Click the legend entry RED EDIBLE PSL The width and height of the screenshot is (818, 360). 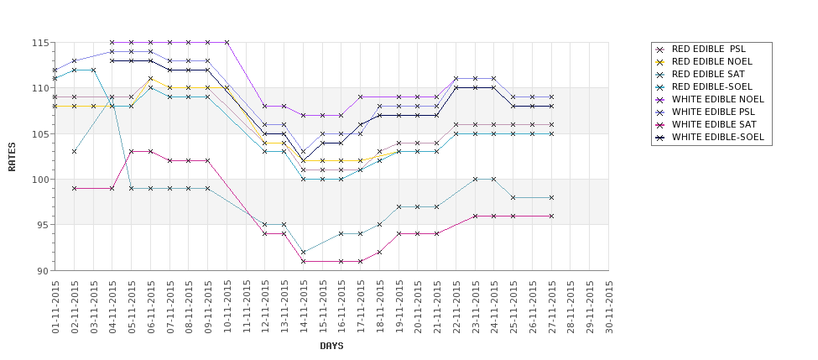point(709,50)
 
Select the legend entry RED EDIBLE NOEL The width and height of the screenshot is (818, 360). point(712,62)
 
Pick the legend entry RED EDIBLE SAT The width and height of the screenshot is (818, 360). point(709,75)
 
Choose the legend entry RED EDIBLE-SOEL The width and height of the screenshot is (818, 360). point(712,87)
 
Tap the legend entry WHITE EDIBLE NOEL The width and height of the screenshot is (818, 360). point(717,100)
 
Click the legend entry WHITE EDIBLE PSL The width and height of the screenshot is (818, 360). point(714,112)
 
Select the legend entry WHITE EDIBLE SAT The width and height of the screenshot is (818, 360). point(714,125)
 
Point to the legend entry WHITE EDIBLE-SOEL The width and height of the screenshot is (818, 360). point(717,138)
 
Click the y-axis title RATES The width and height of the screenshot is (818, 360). point(12,157)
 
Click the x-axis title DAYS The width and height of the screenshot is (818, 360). point(331,346)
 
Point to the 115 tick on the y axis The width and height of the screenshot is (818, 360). point(40,43)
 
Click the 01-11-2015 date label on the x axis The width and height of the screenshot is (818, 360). point(55,307)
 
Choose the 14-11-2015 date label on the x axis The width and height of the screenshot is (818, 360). point(304,307)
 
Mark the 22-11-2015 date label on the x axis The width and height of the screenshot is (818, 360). point(456,307)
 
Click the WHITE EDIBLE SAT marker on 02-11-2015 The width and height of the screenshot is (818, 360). point(75,189)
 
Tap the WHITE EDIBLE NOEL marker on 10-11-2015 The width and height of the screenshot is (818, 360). point(227,43)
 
